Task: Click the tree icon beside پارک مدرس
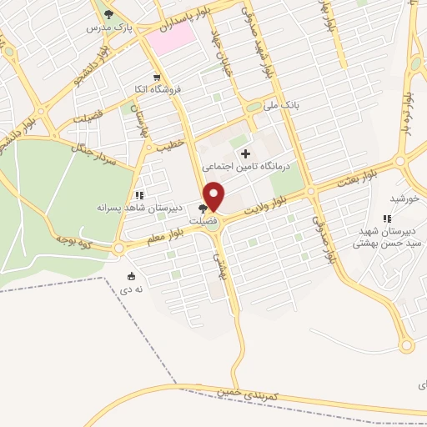[x=108, y=14]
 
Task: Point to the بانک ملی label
[x=279, y=106]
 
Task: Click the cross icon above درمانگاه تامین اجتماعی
[x=244, y=154]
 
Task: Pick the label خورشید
[x=403, y=198]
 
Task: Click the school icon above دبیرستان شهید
[x=386, y=219]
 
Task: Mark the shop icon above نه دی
[x=131, y=276]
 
